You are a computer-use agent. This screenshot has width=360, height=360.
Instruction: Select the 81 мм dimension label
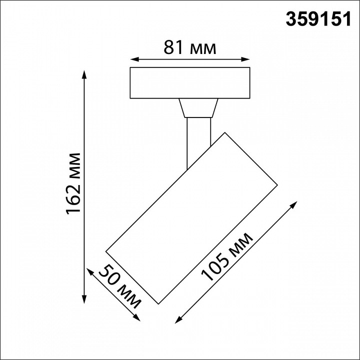pos(190,48)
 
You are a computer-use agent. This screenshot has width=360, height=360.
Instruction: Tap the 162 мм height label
pos(74,183)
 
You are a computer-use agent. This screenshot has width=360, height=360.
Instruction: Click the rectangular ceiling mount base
pos(190,82)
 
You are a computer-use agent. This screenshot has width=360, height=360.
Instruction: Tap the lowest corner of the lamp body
pos(158,303)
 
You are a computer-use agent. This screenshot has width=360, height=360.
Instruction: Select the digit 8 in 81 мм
pos(168,48)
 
